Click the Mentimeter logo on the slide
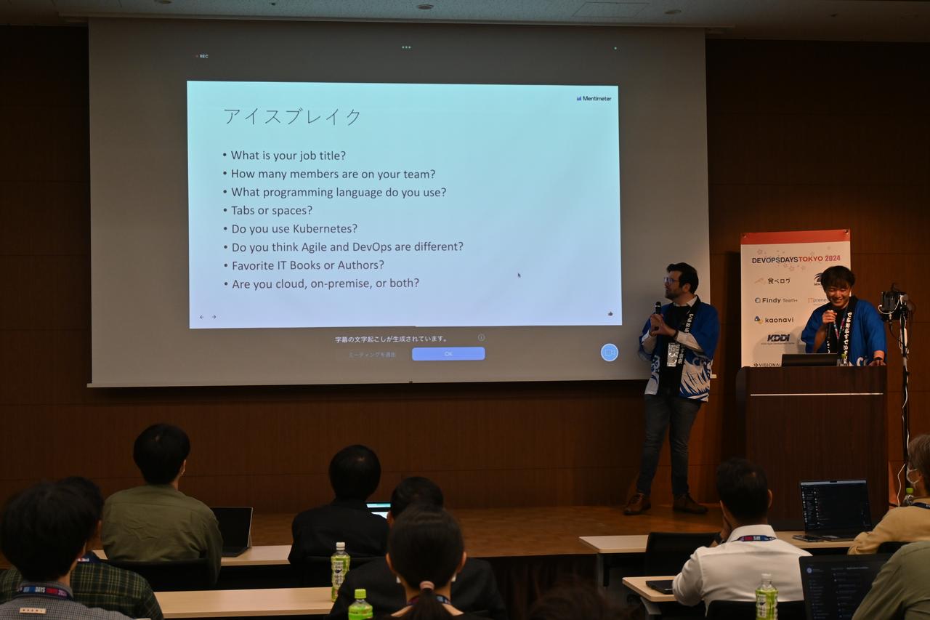[594, 98]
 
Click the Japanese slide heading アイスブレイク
[292, 116]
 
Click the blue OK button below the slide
[448, 354]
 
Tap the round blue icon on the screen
[610, 353]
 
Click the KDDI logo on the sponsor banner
[777, 338]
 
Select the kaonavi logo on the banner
[775, 319]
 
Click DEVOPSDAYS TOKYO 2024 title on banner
[796, 259]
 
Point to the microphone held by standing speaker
[658, 309]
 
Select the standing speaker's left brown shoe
[636, 503]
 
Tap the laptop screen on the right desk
[835, 507]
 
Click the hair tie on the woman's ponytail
[426, 585]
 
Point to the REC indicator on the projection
[203, 56]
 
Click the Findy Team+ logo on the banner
[775, 300]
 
